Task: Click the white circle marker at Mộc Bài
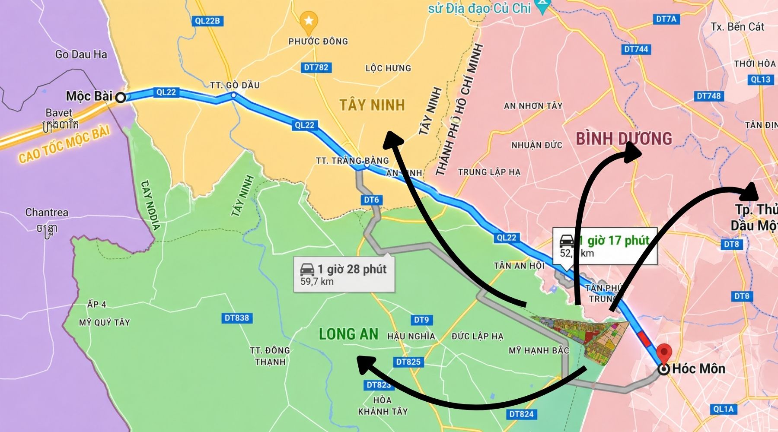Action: click(121, 97)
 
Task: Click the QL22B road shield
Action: click(207, 21)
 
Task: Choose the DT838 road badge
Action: click(237, 318)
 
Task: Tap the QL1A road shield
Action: click(724, 409)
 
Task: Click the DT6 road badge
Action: click(371, 200)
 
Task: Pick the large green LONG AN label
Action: click(348, 334)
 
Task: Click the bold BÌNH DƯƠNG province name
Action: click(624, 139)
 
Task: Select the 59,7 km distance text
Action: click(317, 282)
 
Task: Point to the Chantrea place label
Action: click(47, 213)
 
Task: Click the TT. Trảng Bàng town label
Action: click(352, 161)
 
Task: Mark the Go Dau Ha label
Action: click(81, 54)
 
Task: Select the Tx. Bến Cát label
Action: click(737, 27)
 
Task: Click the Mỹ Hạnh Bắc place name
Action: click(539, 350)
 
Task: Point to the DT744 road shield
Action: click(636, 49)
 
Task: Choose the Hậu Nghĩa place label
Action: click(411, 336)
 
